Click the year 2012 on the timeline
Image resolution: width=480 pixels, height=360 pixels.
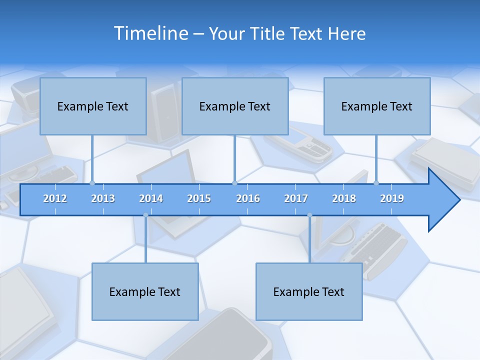click(x=55, y=198)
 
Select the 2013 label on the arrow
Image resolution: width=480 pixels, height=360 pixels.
click(x=103, y=198)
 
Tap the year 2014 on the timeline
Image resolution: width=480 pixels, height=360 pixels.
click(x=151, y=198)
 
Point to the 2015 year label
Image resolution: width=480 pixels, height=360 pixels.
click(x=199, y=198)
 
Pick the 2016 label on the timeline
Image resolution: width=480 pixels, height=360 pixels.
click(x=248, y=198)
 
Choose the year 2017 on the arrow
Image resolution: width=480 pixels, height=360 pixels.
click(x=296, y=198)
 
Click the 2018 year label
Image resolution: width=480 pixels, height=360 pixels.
click(x=344, y=198)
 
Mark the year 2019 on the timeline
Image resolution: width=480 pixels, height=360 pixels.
click(x=392, y=198)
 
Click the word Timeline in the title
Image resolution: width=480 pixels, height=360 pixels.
click(x=150, y=33)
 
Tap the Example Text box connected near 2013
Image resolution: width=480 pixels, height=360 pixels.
click(x=93, y=106)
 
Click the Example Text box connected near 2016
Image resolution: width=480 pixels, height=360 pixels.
click(x=235, y=106)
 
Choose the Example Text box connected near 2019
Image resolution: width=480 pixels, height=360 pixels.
click(x=377, y=106)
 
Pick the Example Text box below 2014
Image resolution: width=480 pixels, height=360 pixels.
click(x=145, y=291)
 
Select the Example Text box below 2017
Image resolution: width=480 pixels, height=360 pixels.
click(x=309, y=291)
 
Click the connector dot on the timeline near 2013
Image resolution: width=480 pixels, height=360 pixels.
click(x=92, y=183)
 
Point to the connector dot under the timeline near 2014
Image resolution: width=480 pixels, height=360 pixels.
click(x=145, y=215)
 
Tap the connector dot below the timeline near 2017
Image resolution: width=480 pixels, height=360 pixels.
click(x=309, y=215)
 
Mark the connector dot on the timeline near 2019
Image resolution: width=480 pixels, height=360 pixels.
click(x=376, y=183)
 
